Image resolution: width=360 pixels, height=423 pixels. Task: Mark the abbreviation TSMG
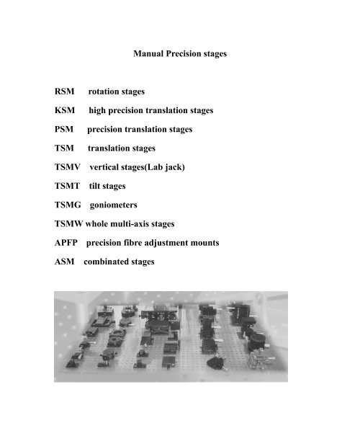(x=69, y=205)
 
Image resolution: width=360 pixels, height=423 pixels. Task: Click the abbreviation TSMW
(x=71, y=223)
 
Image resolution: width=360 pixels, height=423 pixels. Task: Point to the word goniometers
(x=123, y=205)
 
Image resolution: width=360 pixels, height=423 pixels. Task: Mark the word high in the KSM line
(x=99, y=111)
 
